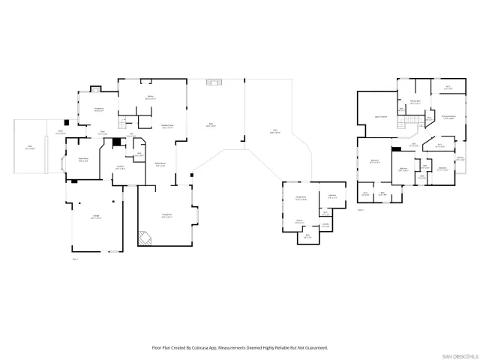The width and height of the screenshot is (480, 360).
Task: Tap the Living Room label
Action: click(x=166, y=215)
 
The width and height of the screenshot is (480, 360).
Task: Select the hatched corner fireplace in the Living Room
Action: click(x=143, y=238)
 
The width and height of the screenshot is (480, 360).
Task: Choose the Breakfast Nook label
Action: click(x=168, y=126)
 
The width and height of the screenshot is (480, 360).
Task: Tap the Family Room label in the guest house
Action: click(x=300, y=199)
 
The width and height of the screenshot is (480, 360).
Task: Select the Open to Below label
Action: click(x=381, y=117)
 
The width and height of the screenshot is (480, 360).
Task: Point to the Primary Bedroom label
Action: click(x=448, y=117)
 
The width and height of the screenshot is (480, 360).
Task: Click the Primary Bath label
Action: click(x=414, y=102)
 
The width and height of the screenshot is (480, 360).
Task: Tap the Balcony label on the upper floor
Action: click(x=460, y=158)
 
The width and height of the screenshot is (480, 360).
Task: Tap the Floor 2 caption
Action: click(x=360, y=210)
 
